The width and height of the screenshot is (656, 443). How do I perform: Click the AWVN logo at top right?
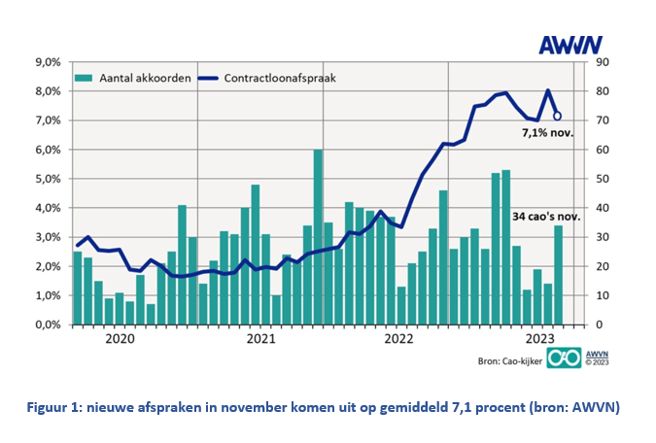coord(570,44)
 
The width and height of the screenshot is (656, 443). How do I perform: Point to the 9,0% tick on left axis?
coord(48,62)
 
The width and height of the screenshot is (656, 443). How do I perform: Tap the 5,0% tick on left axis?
coord(48,179)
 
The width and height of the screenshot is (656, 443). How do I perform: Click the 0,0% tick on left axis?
coord(48,324)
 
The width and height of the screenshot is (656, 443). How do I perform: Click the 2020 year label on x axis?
coord(120,340)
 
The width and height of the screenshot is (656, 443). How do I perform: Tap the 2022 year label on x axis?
coord(399,340)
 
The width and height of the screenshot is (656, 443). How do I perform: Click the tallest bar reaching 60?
coord(318,237)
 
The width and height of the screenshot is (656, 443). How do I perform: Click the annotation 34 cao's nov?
coord(545,217)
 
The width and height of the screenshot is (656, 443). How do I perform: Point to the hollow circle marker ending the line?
coord(557,116)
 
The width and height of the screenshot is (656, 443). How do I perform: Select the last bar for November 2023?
coord(559,275)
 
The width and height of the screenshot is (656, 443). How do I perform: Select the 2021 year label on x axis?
coord(260,340)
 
